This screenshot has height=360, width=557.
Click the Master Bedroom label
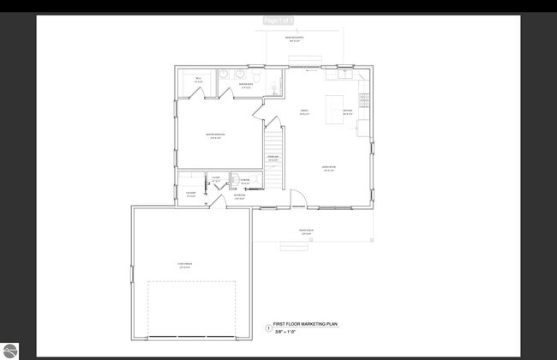pos(215,135)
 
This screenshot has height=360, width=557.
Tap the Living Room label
pos(328,168)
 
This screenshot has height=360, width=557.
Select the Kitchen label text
pos(348,111)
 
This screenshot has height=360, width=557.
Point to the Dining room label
pos(304,111)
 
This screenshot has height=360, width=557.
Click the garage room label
pos(184,267)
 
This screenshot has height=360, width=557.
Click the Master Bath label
pos(245,85)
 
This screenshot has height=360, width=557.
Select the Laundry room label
pos(192,194)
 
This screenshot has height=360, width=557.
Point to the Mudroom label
pos(240,196)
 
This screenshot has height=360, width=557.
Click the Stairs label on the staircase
pos(273,158)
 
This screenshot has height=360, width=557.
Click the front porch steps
pos(294,246)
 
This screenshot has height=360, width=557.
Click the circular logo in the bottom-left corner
pos(10,351)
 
